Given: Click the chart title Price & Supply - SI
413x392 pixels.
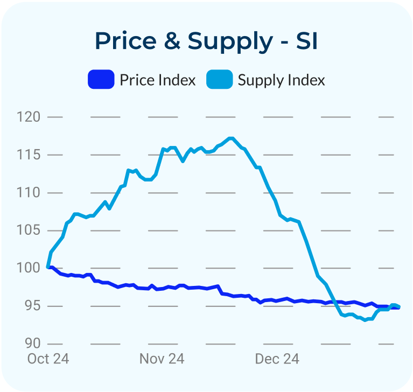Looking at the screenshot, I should coord(206,41).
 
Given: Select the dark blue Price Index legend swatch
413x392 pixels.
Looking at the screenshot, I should coord(101,80).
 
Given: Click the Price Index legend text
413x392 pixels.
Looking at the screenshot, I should coord(157,80).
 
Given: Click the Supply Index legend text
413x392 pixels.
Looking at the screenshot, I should coord(281,80).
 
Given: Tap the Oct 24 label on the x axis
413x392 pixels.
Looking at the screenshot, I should coord(48,359).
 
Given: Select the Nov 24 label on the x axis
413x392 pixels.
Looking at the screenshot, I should coord(162,359).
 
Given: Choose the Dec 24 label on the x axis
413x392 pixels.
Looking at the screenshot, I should coord(277,359).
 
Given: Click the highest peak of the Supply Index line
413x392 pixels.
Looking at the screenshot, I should coord(231,138).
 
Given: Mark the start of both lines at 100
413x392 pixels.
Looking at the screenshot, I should coord(49,267).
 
